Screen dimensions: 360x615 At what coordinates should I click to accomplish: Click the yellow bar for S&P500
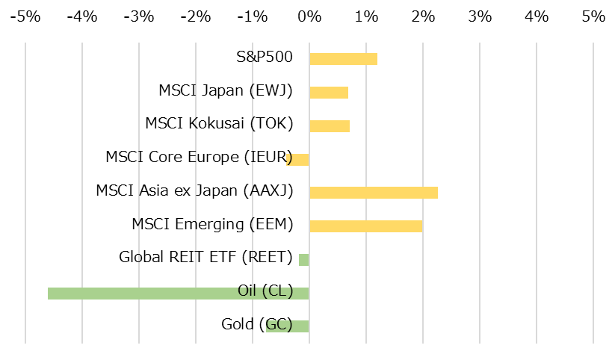coord(343,59)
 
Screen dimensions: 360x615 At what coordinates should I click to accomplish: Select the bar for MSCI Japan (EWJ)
coord(329,93)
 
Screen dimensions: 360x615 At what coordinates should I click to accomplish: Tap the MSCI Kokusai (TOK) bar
coord(330,125)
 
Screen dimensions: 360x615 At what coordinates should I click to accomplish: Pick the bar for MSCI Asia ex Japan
coord(373,192)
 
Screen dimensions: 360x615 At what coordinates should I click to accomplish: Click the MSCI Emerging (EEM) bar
coord(365,226)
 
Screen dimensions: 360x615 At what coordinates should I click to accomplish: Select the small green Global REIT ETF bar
coord(303,259)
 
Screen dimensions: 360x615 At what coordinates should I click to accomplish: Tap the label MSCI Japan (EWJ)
coord(226,91)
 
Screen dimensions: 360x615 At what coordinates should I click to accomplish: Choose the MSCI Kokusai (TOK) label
coord(219,124)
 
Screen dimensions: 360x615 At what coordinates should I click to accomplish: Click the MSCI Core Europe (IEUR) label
coord(199,157)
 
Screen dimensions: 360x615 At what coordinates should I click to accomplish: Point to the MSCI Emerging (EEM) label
coord(212,224)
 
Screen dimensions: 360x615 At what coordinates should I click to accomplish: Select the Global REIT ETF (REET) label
coord(205,258)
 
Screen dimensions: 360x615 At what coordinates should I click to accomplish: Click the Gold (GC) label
coord(257,324)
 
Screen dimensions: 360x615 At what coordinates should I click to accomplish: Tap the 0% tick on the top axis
coord(309,16)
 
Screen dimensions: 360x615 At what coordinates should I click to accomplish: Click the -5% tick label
coord(25,16)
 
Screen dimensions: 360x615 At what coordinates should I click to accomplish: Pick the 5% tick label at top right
coord(593,16)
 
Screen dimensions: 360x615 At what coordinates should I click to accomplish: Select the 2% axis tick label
coord(423,16)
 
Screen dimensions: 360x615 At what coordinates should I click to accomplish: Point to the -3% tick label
coord(139,16)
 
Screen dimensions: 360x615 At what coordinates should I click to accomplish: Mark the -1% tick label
coord(253,16)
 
